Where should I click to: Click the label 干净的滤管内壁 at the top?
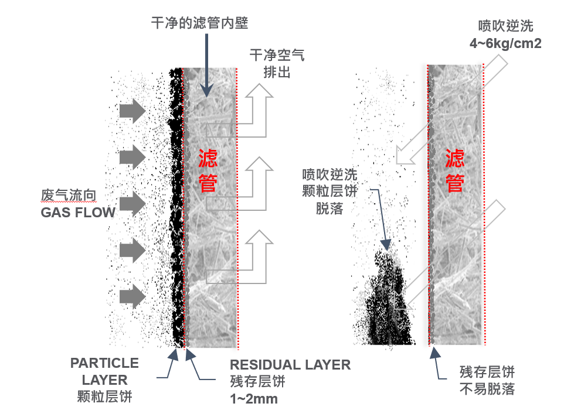[x=200, y=23]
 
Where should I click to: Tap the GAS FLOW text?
[x=78, y=213]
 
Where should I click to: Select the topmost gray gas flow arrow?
[x=132, y=111]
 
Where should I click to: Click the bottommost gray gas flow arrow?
[x=132, y=296]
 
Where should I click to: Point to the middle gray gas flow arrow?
[x=132, y=204]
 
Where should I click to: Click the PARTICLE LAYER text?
[x=105, y=371]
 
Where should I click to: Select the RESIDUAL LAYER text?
[x=290, y=365]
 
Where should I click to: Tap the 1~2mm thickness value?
[x=254, y=399]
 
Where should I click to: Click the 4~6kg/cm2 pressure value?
[x=505, y=43]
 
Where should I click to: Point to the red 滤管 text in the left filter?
[x=208, y=170]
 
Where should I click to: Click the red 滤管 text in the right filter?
[x=455, y=170]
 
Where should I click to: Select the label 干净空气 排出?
[x=277, y=64]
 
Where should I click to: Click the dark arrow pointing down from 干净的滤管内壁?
[x=206, y=66]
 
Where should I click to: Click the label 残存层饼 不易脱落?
[x=487, y=381]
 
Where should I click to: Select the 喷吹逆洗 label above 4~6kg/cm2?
[x=505, y=26]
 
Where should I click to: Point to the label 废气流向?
[x=69, y=196]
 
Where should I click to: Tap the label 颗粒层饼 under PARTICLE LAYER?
[x=105, y=397]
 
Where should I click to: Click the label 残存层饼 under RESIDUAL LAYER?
[x=258, y=381]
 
